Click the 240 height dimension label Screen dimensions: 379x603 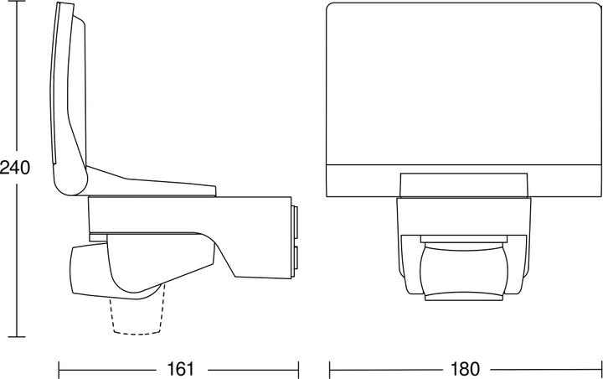click(x=15, y=168)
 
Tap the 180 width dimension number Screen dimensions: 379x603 click(x=466, y=368)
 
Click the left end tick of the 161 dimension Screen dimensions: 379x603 click(x=58, y=368)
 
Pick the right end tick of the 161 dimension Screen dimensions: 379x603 click(x=299, y=368)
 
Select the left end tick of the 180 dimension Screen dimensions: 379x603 click(x=329, y=368)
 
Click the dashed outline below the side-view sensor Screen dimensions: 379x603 click(x=138, y=314)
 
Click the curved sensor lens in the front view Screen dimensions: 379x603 click(x=465, y=268)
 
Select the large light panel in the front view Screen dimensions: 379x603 click(x=462, y=84)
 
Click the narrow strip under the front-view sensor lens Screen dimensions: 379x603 click(x=465, y=294)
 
